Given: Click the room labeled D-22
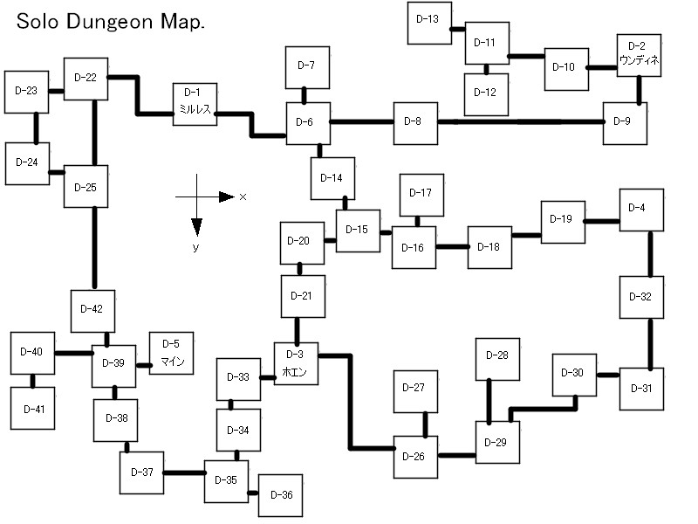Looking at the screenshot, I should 86,78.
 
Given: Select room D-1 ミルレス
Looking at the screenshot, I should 195,104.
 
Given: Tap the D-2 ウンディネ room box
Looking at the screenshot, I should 640,55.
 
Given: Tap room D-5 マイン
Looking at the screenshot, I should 172,354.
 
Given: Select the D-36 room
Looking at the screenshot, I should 280,495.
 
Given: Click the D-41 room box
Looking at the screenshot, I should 33,408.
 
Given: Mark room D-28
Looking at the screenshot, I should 496,357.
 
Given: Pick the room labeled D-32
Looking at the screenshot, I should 640,298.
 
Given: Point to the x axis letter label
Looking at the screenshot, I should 243,197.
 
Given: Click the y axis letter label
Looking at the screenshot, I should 197,248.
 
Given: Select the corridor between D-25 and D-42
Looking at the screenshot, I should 93,249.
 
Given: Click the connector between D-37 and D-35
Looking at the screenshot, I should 184,472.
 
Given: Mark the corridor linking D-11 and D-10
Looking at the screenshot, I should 527,57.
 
